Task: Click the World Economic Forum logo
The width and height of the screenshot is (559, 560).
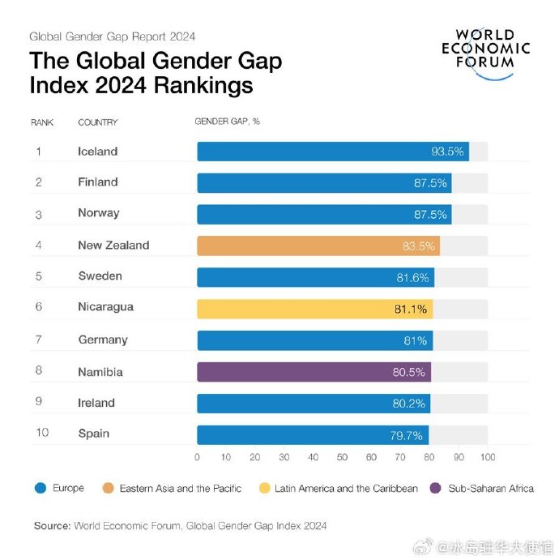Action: tap(485, 50)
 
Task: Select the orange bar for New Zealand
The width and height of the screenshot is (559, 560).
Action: tap(318, 246)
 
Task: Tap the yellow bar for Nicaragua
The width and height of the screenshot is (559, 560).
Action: tap(314, 309)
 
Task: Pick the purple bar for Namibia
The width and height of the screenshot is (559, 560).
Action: tap(314, 372)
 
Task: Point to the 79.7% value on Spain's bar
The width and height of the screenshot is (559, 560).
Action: tap(406, 435)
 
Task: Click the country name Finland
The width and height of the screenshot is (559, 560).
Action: tap(98, 182)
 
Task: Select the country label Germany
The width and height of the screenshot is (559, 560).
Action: tap(103, 340)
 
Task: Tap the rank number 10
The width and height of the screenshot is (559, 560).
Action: tap(42, 433)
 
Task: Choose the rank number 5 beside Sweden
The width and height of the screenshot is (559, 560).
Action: tap(38, 276)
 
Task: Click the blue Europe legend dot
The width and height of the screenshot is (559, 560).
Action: tap(40, 488)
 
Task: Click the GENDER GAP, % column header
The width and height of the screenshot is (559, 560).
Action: tap(227, 122)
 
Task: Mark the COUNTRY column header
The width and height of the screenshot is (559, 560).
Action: tap(98, 122)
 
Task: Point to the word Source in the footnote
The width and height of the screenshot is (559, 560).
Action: tap(52, 526)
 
